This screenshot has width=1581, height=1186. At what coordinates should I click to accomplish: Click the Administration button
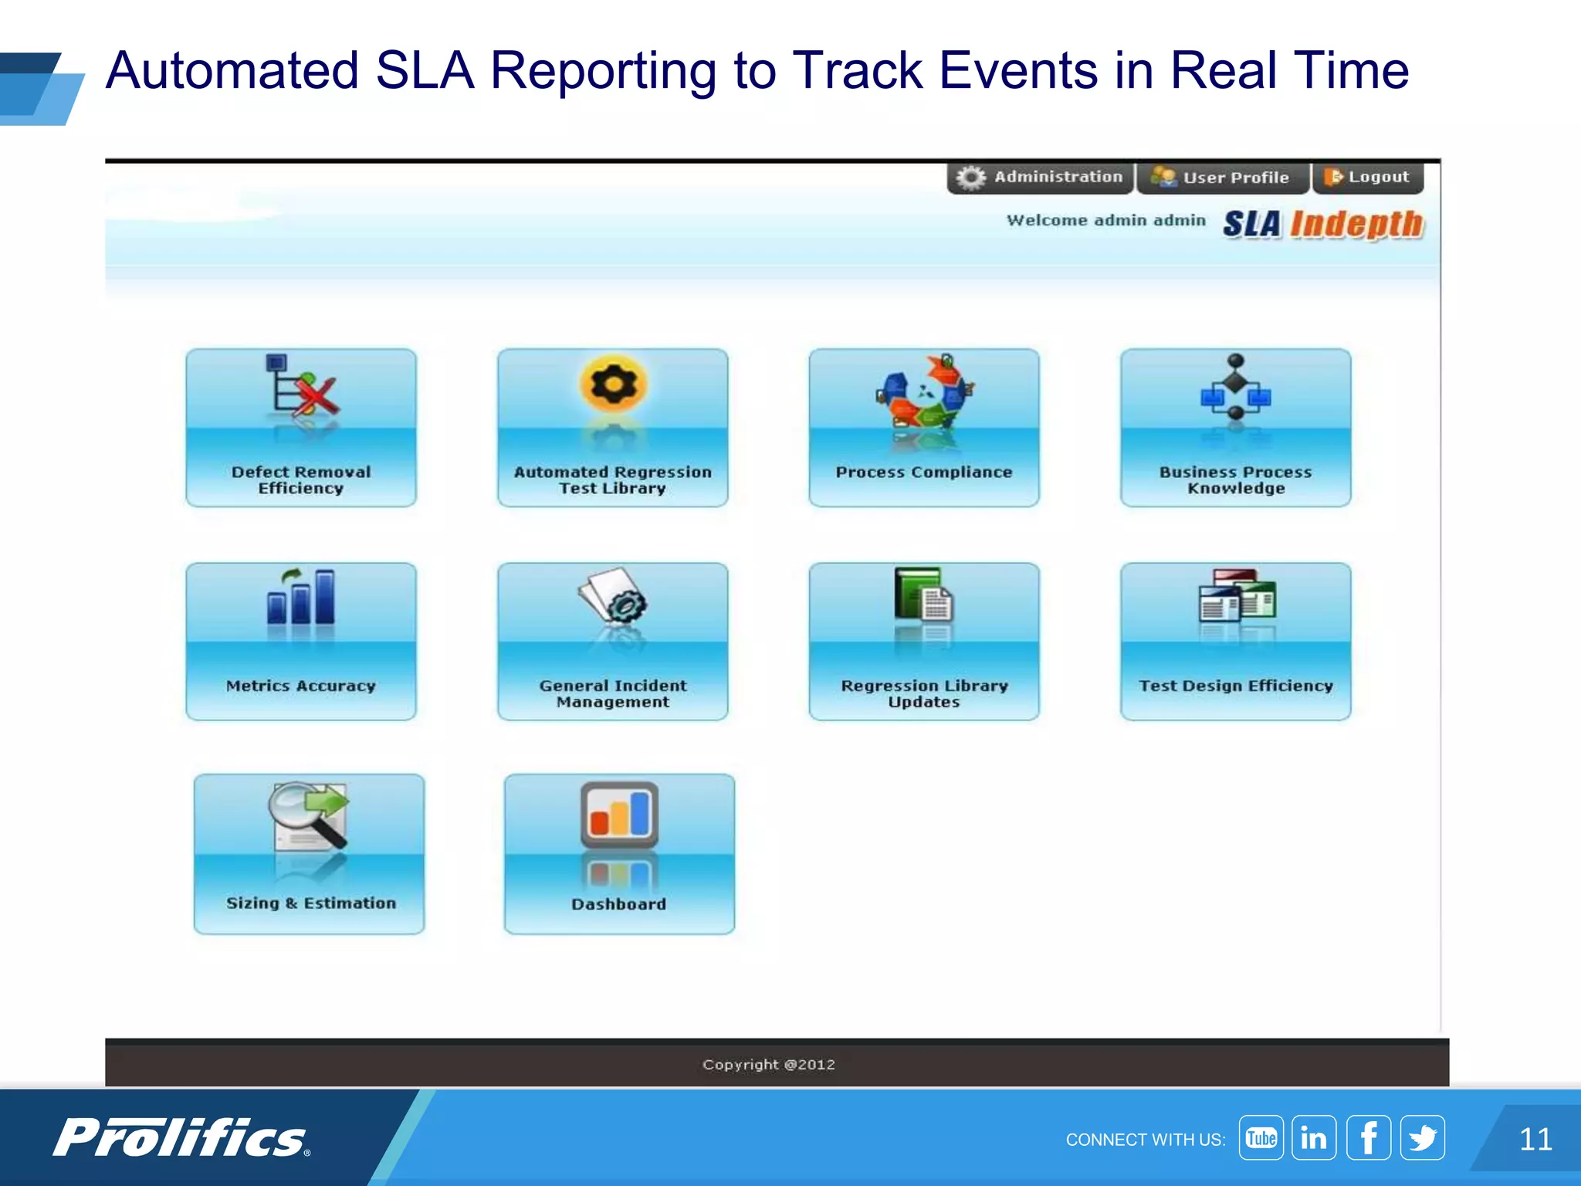tap(1040, 178)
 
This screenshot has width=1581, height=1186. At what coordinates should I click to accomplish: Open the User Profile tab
tap(1222, 178)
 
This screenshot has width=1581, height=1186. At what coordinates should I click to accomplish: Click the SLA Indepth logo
tap(1323, 225)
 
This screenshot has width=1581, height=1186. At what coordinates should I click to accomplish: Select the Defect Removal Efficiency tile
tap(301, 428)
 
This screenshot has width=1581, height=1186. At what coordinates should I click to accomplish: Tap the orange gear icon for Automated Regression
tap(613, 385)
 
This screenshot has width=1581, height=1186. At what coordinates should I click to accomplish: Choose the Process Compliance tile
tap(924, 428)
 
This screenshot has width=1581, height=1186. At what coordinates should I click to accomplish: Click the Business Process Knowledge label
tap(1235, 480)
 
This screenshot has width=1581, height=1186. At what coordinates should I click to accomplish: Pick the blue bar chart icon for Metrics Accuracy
tap(301, 597)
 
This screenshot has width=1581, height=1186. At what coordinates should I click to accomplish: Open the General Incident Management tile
tap(613, 642)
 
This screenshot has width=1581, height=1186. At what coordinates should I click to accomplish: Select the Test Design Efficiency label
tap(1235, 686)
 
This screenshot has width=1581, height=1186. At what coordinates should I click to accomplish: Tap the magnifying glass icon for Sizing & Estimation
tap(307, 815)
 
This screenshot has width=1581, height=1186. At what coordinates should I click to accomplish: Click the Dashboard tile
tap(619, 854)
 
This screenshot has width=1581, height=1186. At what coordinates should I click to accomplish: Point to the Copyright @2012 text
tap(768, 1065)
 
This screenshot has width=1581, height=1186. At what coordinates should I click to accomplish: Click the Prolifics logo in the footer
tap(182, 1138)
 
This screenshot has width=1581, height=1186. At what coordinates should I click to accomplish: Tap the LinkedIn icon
tap(1314, 1138)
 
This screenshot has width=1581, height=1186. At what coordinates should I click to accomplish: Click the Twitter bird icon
tap(1422, 1138)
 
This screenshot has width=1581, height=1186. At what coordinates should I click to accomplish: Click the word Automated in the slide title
tap(232, 71)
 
